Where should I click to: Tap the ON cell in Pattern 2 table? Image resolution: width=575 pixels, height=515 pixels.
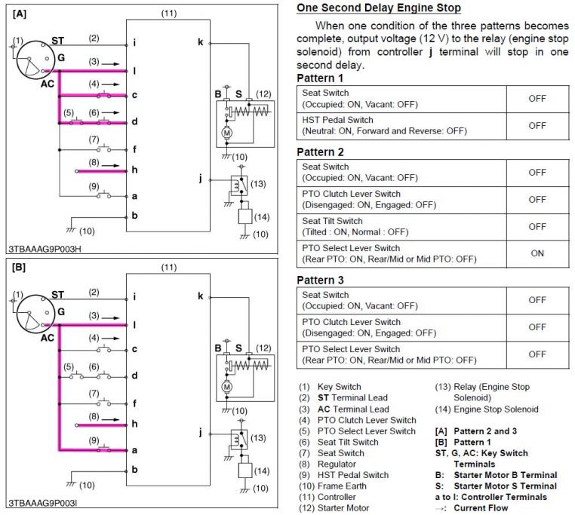pyautogui.click(x=537, y=253)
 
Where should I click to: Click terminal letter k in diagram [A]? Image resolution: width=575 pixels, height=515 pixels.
pyautogui.click(x=200, y=42)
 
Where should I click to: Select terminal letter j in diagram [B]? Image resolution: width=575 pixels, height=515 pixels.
pyautogui.click(x=201, y=433)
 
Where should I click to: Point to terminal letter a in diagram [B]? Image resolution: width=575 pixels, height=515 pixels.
pyautogui.click(x=134, y=449)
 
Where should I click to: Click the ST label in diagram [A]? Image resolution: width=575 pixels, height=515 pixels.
pyautogui.click(x=57, y=40)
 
